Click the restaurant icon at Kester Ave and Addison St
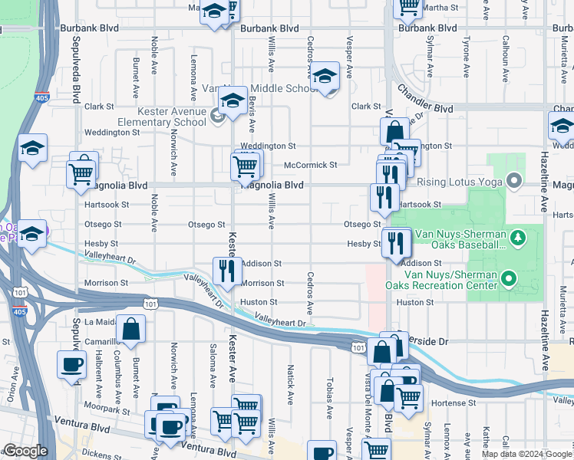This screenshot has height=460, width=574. click(227, 271)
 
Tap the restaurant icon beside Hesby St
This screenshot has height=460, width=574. click(396, 243)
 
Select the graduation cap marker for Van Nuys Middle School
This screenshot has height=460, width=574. click(326, 77)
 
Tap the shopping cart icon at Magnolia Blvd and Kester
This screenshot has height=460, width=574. click(246, 165)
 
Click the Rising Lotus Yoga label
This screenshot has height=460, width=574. click(458, 182)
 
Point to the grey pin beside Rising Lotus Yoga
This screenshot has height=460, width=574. click(514, 182)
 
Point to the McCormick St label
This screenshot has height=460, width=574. click(310, 165)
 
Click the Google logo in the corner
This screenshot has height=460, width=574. click(25, 451)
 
